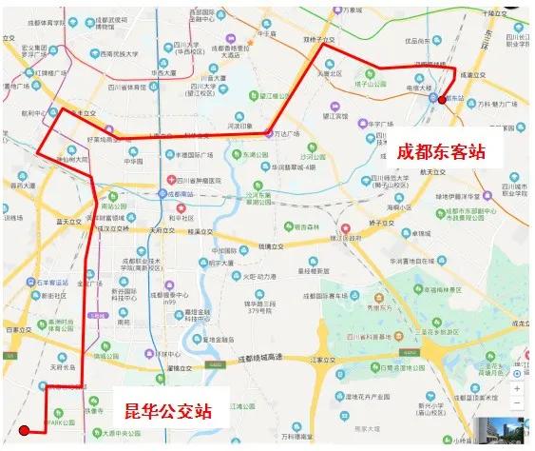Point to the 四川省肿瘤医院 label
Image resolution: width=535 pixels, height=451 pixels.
pyautogui.click(x=200, y=179)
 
